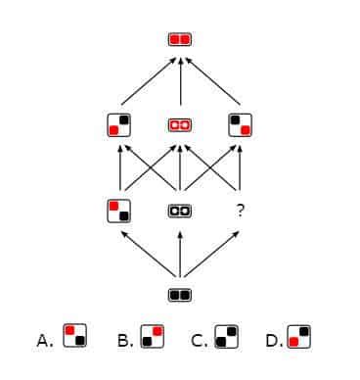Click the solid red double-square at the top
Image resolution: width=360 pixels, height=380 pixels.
point(180,40)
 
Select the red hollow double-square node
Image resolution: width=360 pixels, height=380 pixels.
point(180,125)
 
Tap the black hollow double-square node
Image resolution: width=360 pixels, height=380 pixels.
point(180,210)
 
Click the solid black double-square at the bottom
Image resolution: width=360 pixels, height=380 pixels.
point(180,294)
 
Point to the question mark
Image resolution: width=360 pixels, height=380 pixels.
point(240,210)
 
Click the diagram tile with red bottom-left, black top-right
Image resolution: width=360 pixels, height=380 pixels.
point(120,125)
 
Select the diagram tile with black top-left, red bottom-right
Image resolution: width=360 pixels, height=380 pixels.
point(240,125)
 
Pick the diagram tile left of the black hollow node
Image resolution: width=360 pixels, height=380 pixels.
point(120,210)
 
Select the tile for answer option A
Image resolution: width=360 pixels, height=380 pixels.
point(73,337)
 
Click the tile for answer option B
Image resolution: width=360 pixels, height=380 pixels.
point(151,337)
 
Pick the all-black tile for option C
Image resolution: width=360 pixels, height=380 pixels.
point(225,337)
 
